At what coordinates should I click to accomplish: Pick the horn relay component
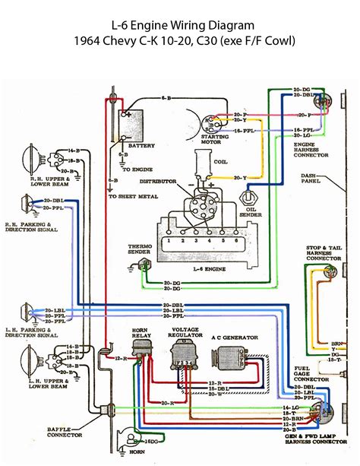pyautogui.click(x=142, y=350)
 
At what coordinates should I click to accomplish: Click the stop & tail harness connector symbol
pyautogui.click(x=328, y=272)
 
